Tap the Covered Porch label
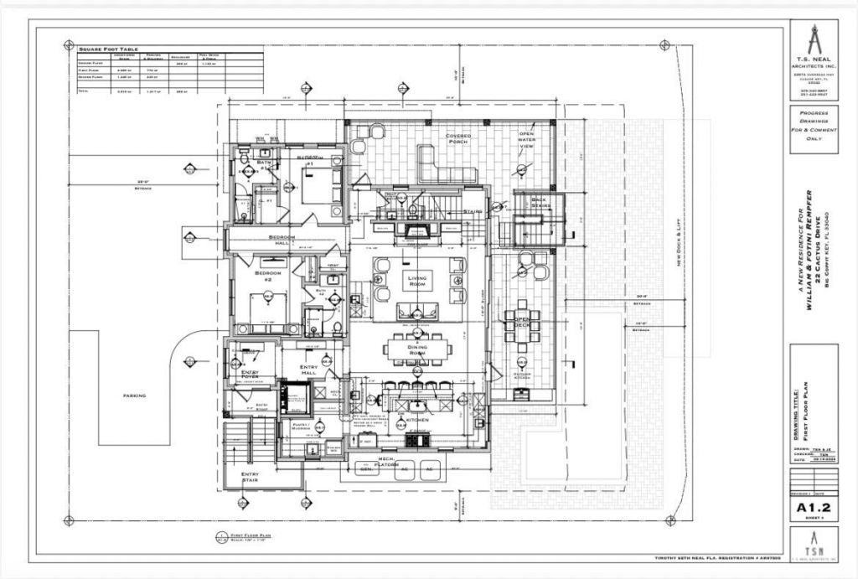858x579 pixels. tap(458, 138)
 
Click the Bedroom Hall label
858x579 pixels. tap(282, 240)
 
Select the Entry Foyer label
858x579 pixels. tap(250, 375)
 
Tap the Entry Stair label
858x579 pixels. tap(250, 477)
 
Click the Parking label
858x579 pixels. tap(134, 395)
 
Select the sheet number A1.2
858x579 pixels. tap(813, 507)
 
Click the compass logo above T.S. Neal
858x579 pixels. tap(813, 39)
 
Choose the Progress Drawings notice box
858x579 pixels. tap(813, 130)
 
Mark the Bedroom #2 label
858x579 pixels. tap(268, 274)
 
